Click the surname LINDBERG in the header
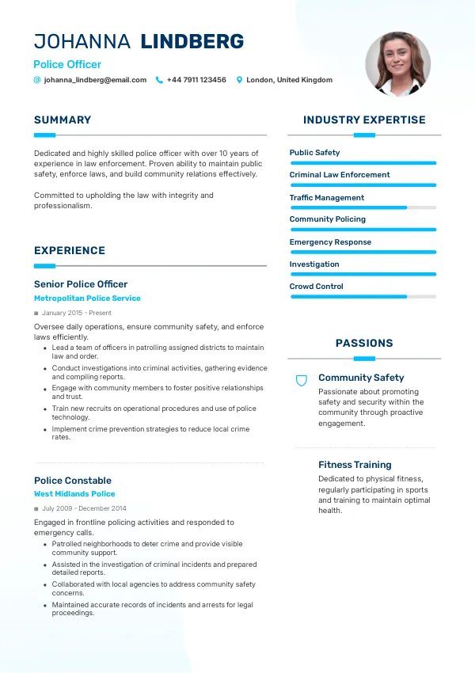tap(192, 42)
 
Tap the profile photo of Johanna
tap(397, 64)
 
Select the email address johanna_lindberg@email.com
tap(95, 80)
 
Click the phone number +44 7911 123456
tap(196, 80)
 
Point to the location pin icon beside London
tap(239, 80)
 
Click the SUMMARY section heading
tap(63, 120)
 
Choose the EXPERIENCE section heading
tap(70, 251)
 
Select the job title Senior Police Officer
tap(81, 284)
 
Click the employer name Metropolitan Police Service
tap(87, 298)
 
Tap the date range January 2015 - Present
tap(77, 313)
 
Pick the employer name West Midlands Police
tap(74, 494)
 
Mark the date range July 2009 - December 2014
tap(84, 508)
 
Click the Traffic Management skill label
tap(327, 198)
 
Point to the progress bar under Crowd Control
tap(363, 297)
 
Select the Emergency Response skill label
tap(330, 242)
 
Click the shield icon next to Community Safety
tap(301, 381)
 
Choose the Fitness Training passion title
tap(355, 465)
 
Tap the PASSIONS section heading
tap(364, 344)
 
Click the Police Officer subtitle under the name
tap(67, 65)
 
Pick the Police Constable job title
tap(73, 481)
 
